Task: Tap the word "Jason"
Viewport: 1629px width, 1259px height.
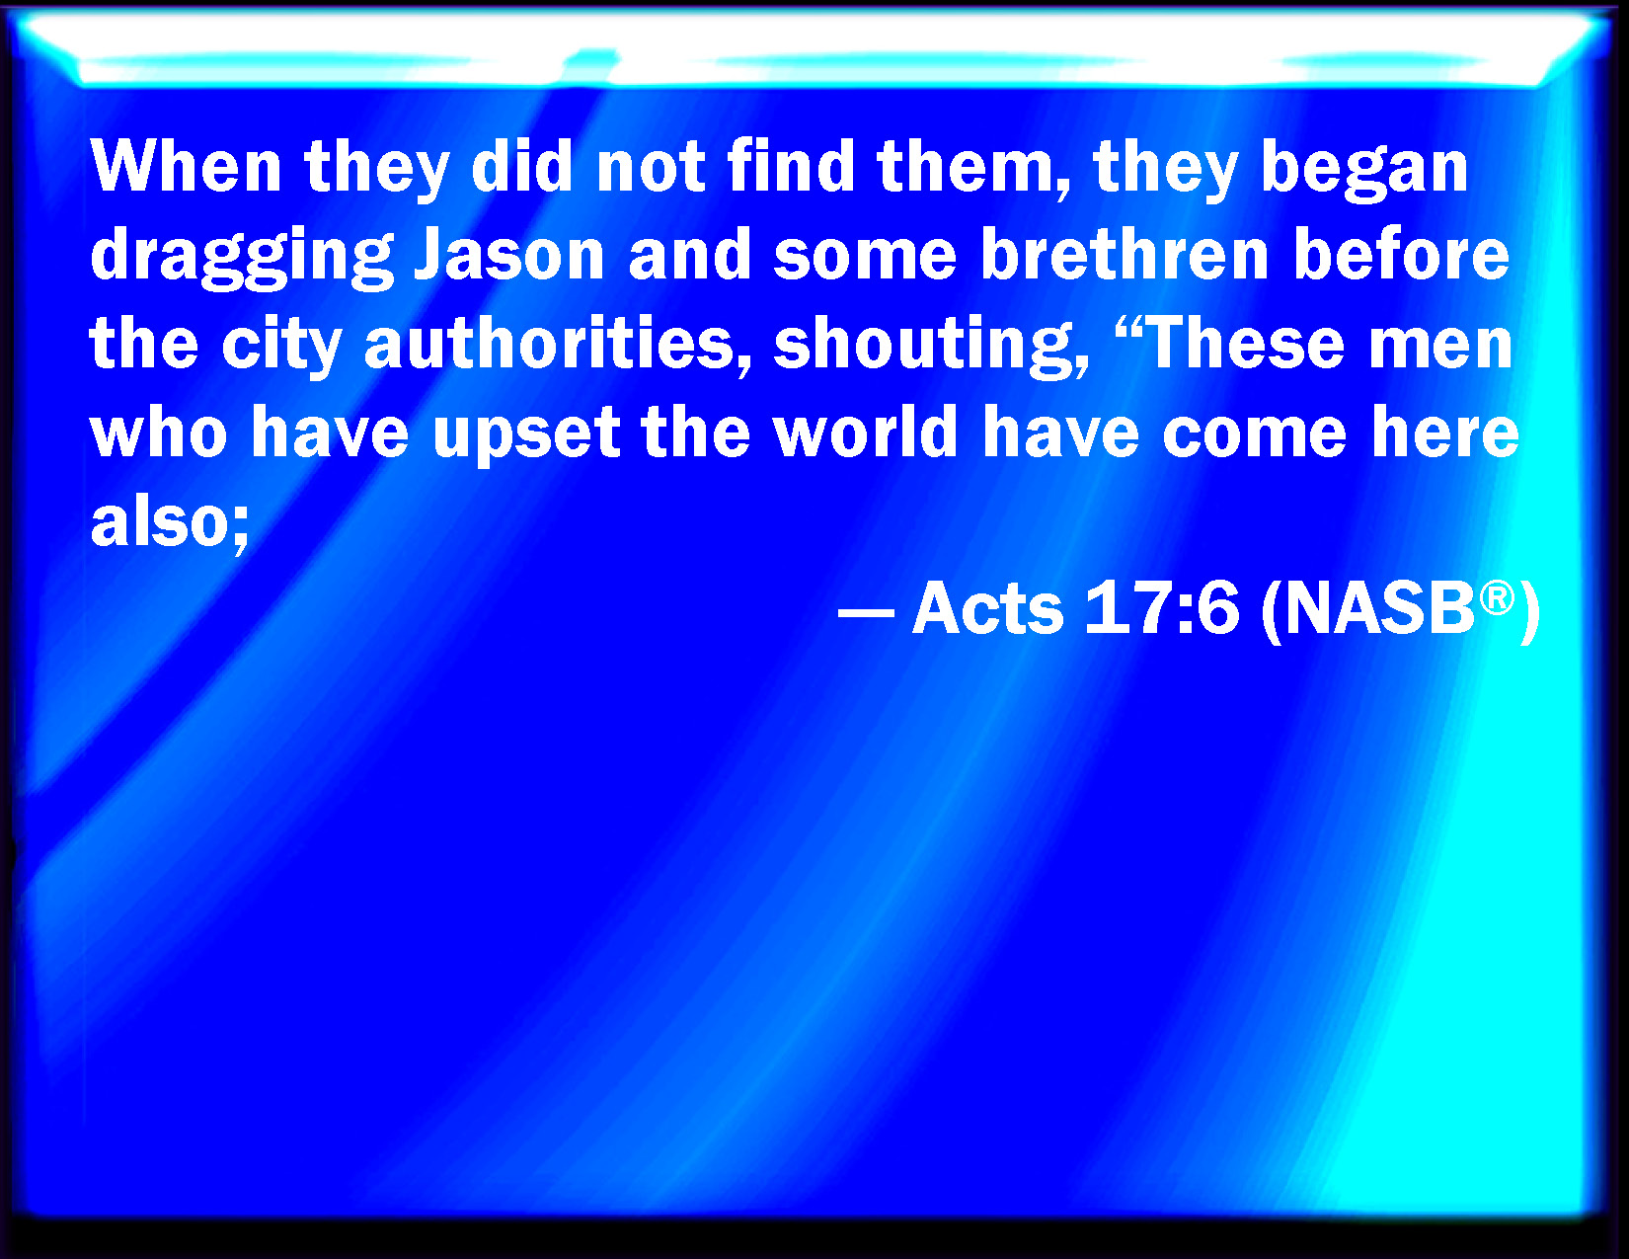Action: pyautogui.click(x=509, y=254)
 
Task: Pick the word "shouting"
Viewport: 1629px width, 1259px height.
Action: pyautogui.click(x=930, y=347)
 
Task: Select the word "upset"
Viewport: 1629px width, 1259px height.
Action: pyautogui.click(x=526, y=434)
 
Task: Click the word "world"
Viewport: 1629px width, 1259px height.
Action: pyautogui.click(x=866, y=431)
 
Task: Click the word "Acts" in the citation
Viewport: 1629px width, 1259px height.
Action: pyautogui.click(x=987, y=608)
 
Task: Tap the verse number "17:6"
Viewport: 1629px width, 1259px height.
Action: pyautogui.click(x=1161, y=608)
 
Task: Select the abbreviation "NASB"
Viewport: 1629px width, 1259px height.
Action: pyautogui.click(x=1378, y=608)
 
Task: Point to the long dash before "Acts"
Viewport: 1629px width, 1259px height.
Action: pyautogui.click(x=866, y=612)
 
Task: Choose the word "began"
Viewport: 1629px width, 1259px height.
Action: pyautogui.click(x=1364, y=170)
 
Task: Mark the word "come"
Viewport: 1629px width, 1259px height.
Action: pyautogui.click(x=1254, y=434)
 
